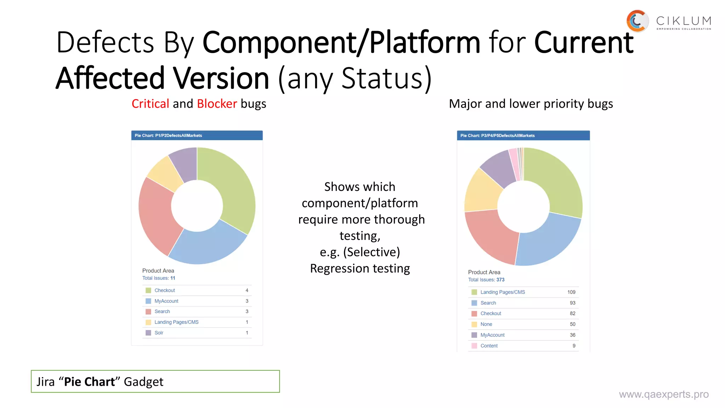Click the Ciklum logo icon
(637, 21)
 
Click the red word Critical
(150, 104)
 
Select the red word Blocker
(217, 104)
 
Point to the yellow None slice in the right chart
(481, 191)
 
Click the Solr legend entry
(159, 333)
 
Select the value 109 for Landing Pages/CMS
(571, 292)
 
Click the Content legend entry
(489, 346)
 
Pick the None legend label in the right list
(486, 324)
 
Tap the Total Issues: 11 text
(159, 278)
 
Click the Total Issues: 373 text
(486, 280)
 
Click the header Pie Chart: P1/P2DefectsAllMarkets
(168, 135)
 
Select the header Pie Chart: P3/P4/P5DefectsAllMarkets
(497, 135)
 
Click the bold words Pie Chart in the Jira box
(89, 382)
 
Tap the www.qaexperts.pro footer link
(663, 394)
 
